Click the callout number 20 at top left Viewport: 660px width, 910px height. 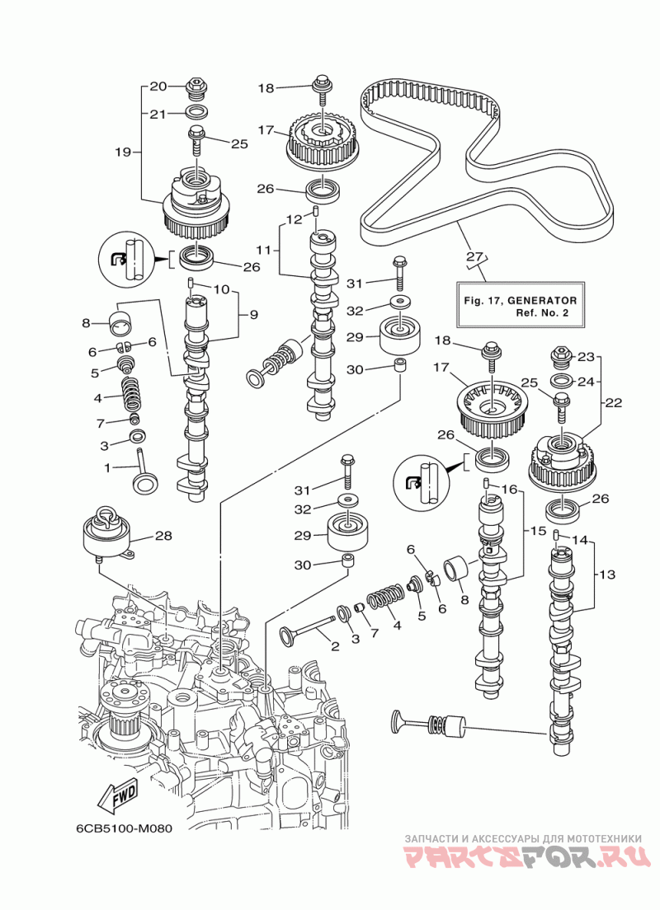click(x=158, y=86)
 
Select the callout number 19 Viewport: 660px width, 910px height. click(x=122, y=152)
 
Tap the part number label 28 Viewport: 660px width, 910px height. click(x=163, y=536)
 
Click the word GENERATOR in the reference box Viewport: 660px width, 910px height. click(x=542, y=301)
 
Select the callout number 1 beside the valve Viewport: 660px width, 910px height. click(x=106, y=467)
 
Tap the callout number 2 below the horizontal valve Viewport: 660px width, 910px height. click(x=335, y=647)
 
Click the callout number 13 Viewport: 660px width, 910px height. click(x=608, y=573)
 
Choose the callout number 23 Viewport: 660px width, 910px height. click(x=586, y=357)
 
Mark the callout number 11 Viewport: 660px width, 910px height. click(x=262, y=248)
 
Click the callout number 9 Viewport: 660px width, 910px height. click(x=254, y=313)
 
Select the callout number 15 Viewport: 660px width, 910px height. click(x=538, y=532)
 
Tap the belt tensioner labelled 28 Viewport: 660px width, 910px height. click(x=107, y=538)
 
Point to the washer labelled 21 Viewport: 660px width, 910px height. click(x=196, y=112)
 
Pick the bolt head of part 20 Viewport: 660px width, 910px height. click(x=195, y=85)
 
